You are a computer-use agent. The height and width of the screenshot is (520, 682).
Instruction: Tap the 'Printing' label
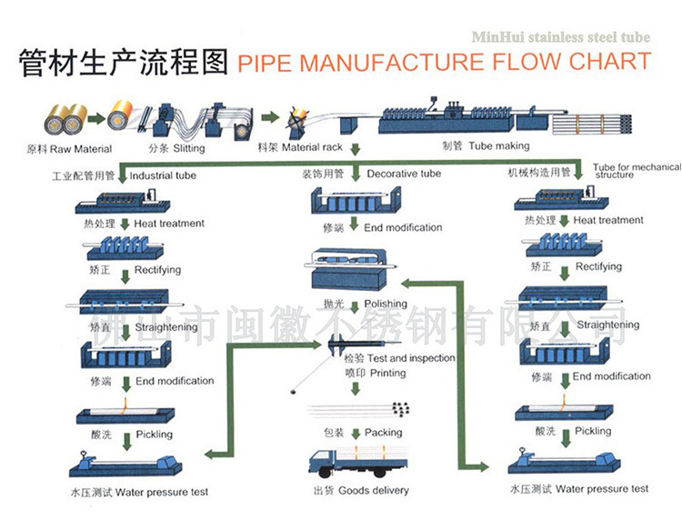(x=363, y=373)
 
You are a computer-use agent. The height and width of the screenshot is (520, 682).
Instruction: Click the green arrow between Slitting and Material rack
(x=268, y=117)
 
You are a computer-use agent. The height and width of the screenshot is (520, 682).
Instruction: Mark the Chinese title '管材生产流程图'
(x=122, y=63)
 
